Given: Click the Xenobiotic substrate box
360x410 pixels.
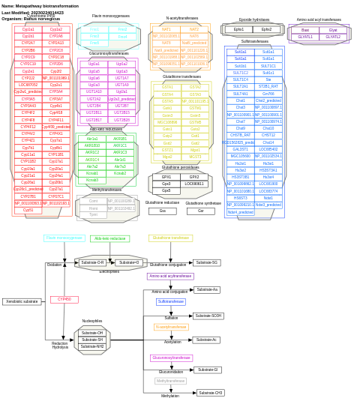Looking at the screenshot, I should pos(22,301).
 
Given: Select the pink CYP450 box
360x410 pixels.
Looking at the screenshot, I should pos(64,299).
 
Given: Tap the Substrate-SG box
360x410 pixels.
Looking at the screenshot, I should pos(206,262).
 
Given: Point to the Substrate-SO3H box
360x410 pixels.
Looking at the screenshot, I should pos(208,316).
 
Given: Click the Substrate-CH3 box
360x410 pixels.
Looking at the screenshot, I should pos(211,392).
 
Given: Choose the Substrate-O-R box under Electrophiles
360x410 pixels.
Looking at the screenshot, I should pos(92,262).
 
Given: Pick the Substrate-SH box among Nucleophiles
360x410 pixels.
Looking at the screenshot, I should pos(92,340).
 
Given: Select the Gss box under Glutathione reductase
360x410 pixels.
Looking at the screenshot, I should pos(163,211).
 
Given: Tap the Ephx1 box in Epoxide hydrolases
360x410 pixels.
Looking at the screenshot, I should pos(238,29).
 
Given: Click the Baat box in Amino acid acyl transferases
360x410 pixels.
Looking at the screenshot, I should pos(305,30).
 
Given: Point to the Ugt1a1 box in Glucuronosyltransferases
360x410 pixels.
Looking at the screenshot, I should pos(94,64).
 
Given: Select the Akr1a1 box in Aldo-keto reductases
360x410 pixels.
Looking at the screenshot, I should pos(92,139).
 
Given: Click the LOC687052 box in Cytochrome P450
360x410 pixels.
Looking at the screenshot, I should pos(28,85).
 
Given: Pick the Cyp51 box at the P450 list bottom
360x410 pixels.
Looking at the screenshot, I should pos(28,210).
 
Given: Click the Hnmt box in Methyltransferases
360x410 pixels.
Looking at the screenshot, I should pos(93,208).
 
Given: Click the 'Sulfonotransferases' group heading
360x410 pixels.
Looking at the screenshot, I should pos(255,41).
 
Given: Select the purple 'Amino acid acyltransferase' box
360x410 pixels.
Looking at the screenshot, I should pos(170,276).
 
